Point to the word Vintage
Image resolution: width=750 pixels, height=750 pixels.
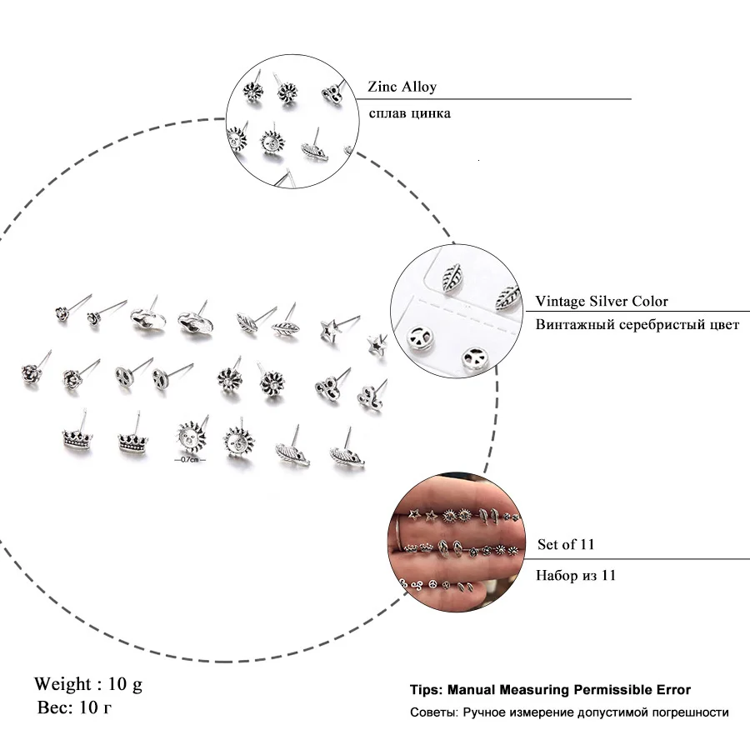561,302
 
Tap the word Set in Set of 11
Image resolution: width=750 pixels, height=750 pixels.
548,545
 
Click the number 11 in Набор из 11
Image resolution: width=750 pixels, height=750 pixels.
607,575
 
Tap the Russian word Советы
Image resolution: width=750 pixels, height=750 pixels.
430,712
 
